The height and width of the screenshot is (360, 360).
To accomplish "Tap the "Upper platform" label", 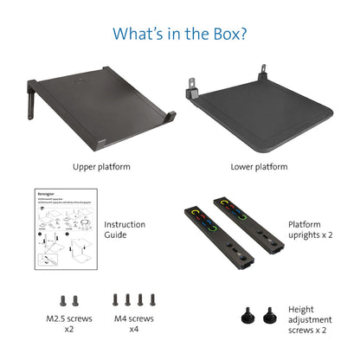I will point(101,166).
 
